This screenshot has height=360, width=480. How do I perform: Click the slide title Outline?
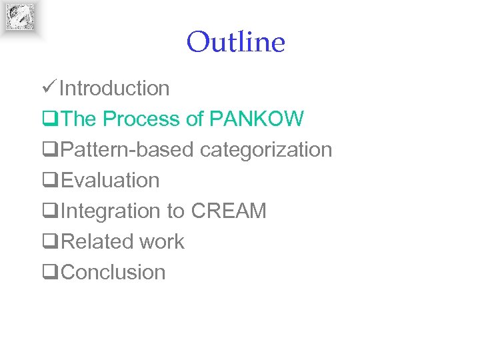pos(235,43)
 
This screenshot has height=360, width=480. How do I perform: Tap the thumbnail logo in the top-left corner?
pos(20,17)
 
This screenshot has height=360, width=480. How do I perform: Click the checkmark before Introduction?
pos(49,87)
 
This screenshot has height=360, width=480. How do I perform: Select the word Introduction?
pos(115,88)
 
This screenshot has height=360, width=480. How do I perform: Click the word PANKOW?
pos(257,119)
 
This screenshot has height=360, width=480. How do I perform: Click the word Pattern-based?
pos(128,150)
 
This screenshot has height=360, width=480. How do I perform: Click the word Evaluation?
pos(110,181)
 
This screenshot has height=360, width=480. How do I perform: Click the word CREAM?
pos(229,211)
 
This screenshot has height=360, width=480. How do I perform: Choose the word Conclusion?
pos(113,272)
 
